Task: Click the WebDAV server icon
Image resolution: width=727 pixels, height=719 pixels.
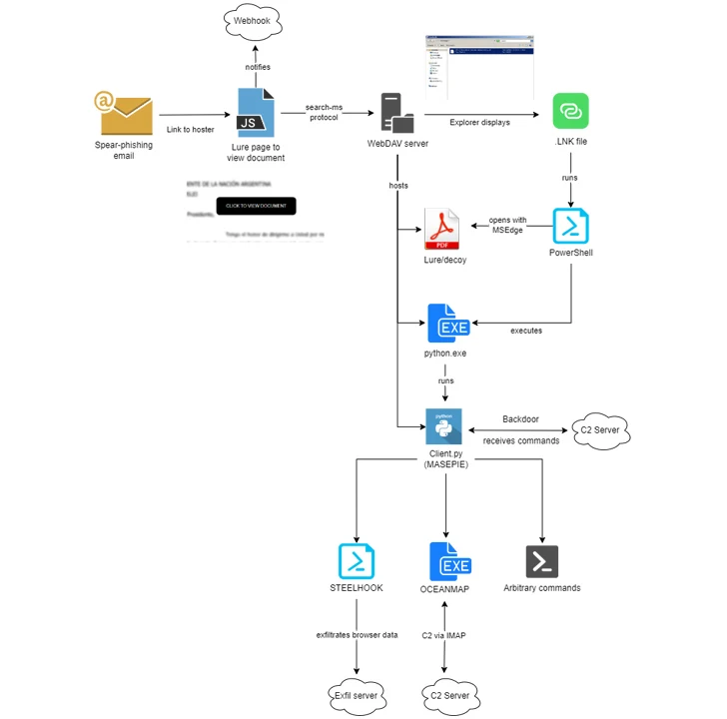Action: point(396,112)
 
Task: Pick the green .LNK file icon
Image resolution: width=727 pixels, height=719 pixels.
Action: point(570,111)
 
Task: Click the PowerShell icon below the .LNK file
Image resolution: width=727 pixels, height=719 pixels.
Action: point(570,226)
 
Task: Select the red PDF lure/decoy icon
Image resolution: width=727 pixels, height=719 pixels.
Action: point(444,230)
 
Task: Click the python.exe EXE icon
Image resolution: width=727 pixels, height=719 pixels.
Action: point(446,323)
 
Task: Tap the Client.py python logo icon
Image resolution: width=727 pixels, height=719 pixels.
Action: point(443,427)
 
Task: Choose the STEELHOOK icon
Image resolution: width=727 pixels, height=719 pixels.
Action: point(357,561)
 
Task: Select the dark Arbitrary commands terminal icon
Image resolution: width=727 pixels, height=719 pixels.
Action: point(541,561)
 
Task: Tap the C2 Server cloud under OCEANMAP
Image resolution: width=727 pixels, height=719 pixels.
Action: point(448,694)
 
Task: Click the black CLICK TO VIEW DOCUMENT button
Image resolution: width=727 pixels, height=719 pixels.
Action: point(256,206)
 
